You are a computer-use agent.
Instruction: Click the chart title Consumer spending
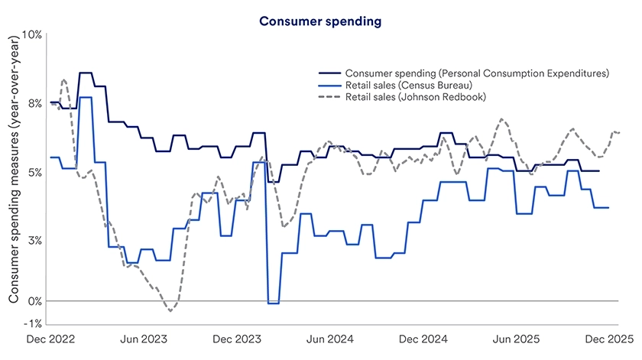tap(320, 21)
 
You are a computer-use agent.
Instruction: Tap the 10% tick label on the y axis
tap(32, 35)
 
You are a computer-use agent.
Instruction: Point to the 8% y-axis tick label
tap(35, 103)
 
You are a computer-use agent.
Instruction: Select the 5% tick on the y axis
tap(35, 172)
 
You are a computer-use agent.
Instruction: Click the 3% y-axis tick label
tap(35, 240)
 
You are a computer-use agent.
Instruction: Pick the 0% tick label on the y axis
tap(35, 301)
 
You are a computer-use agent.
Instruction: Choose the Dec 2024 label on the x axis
tap(422, 338)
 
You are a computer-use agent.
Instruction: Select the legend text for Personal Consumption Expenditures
tap(476, 73)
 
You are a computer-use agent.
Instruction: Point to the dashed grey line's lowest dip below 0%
tap(170, 310)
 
